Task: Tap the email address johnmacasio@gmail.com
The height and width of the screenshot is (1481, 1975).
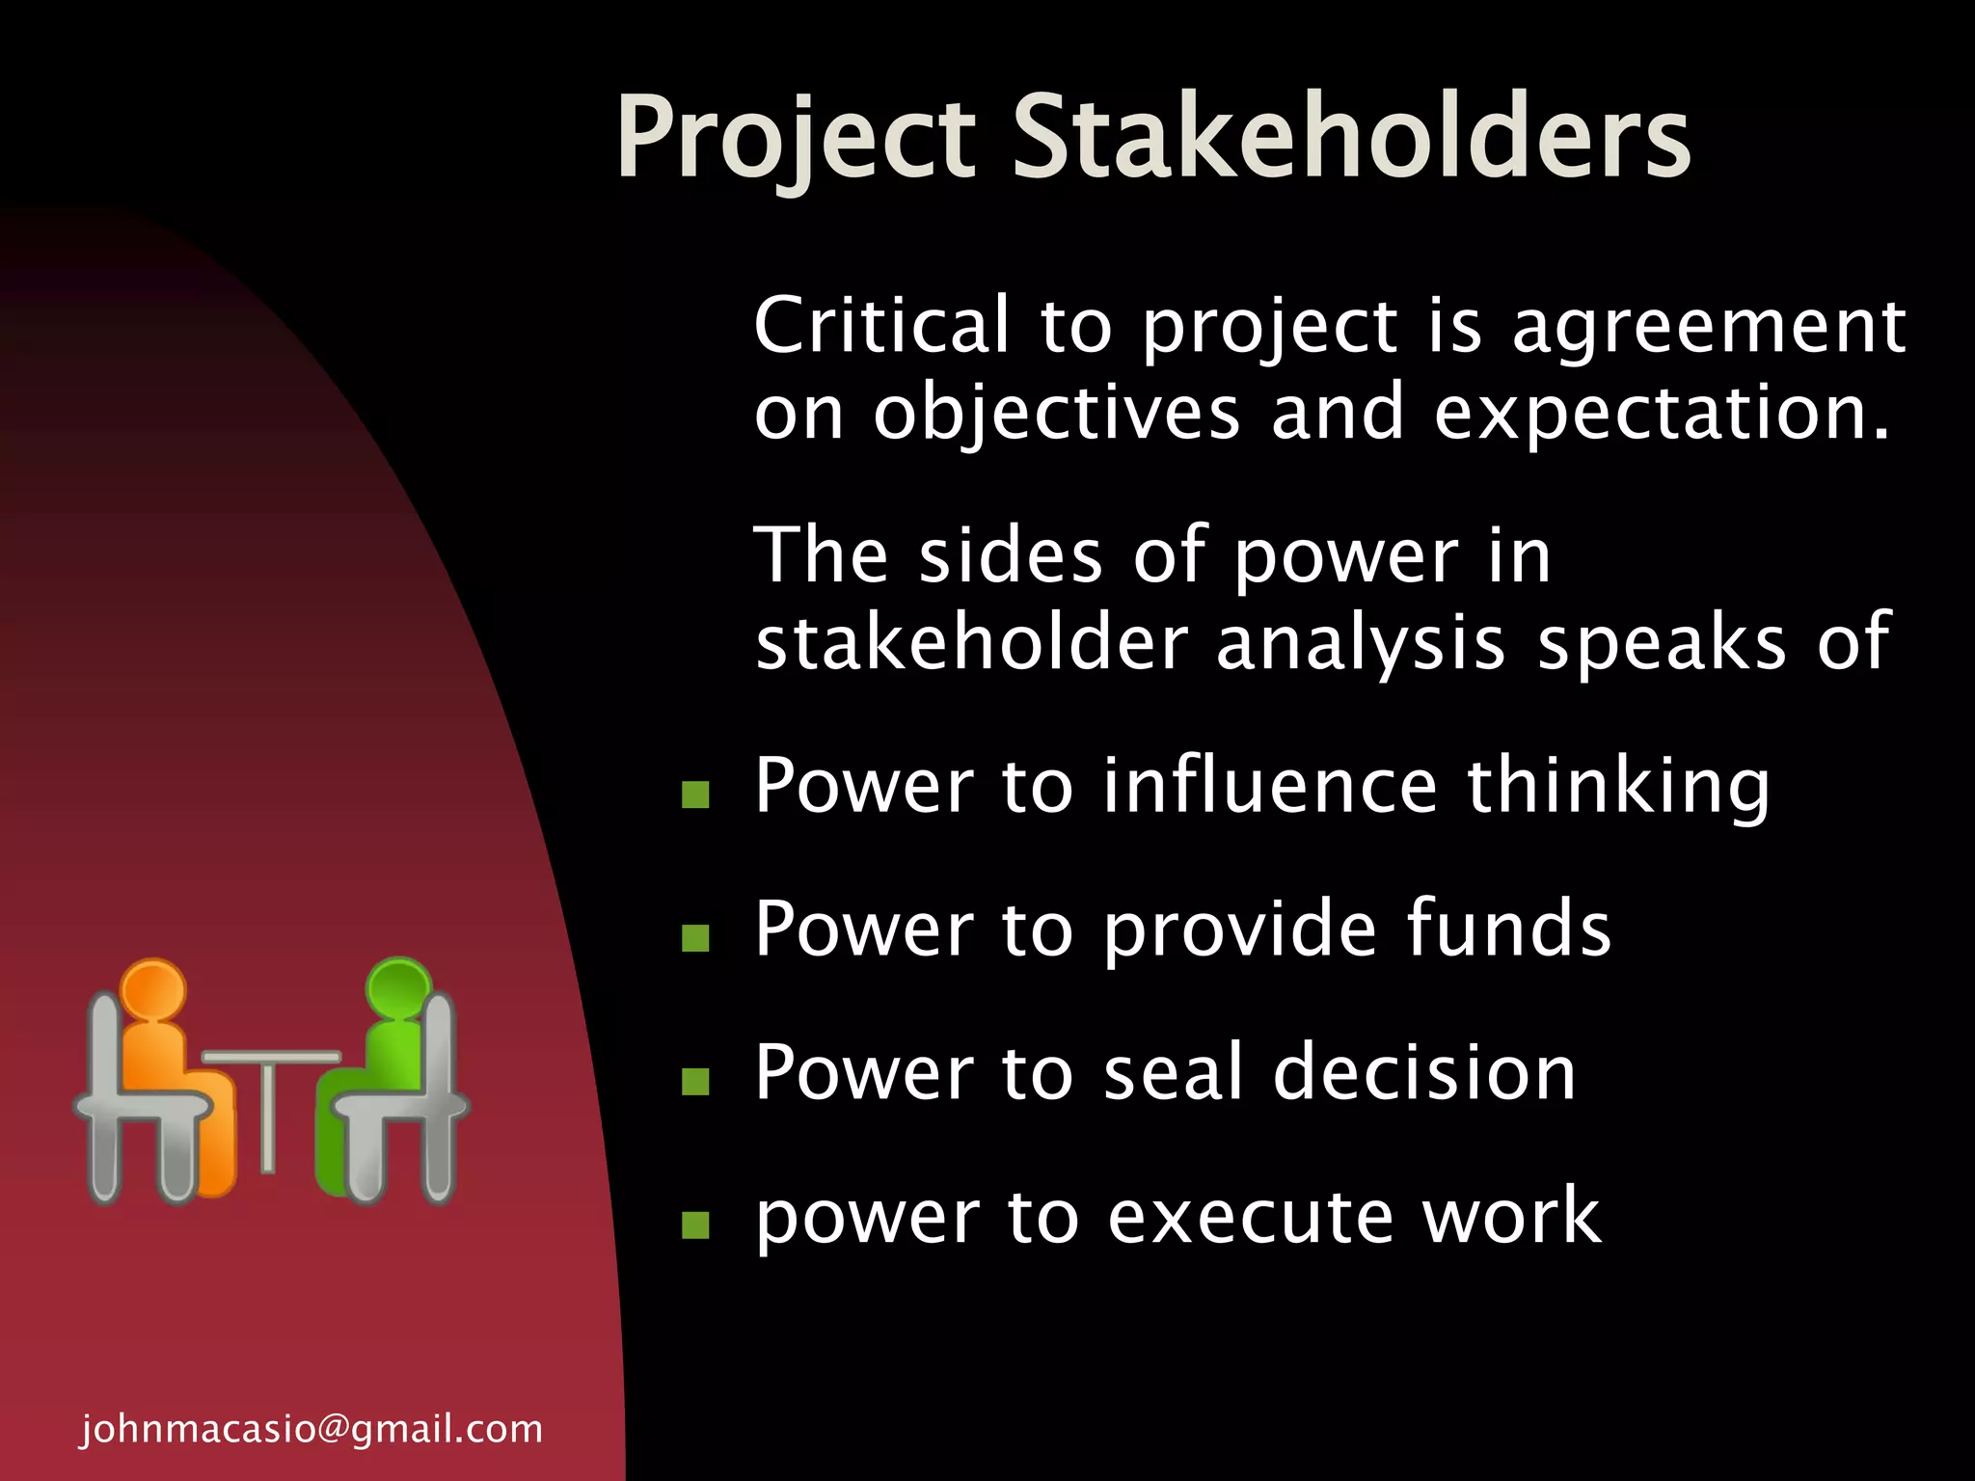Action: pyautogui.click(x=311, y=1428)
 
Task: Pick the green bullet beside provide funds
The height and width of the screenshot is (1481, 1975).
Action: pyautogui.click(x=694, y=937)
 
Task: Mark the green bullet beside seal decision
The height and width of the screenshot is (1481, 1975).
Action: pyautogui.click(x=694, y=1081)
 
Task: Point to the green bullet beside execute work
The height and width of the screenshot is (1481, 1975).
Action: pyautogui.click(x=694, y=1225)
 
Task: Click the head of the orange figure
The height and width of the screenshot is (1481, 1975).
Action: pyautogui.click(x=153, y=988)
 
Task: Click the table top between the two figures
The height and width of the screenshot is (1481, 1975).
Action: pyautogui.click(x=271, y=1057)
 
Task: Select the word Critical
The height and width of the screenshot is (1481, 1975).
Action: pyautogui.click(x=881, y=325)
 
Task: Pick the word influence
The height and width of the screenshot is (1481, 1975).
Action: pyautogui.click(x=1270, y=786)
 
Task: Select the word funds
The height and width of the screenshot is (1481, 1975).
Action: pyautogui.click(x=1509, y=929)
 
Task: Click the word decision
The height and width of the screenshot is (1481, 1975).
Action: pyautogui.click(x=1424, y=1072)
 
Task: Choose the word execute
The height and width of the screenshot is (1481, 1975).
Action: pyautogui.click(x=1250, y=1217)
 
